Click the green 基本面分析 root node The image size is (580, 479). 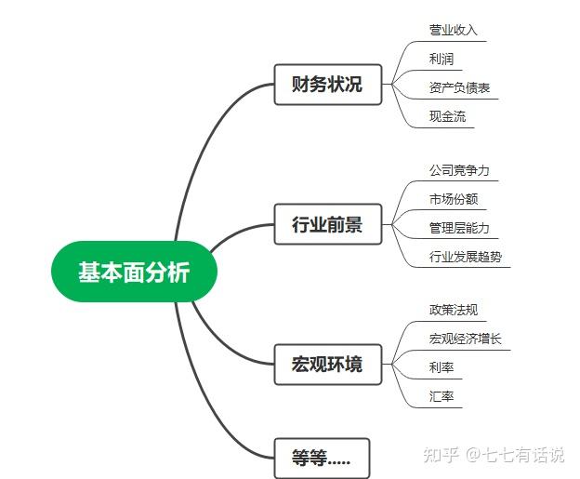134,273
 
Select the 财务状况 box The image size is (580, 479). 327,86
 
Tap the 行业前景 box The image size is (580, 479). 327,225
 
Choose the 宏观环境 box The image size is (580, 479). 327,364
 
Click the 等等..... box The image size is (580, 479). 321,459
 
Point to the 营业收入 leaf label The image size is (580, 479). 453,30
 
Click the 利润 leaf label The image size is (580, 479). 442,59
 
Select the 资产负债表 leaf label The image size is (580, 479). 459,88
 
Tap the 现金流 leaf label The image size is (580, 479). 447,116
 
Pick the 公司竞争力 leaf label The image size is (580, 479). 458,171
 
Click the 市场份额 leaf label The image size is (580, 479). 453,199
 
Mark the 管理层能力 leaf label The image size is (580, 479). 458,228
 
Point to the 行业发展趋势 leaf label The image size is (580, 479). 465,256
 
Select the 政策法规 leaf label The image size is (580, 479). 453,310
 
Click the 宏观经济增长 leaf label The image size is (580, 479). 465,339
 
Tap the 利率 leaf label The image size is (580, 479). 442,367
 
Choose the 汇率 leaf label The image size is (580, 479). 442,396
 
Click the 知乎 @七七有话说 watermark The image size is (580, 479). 493,455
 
